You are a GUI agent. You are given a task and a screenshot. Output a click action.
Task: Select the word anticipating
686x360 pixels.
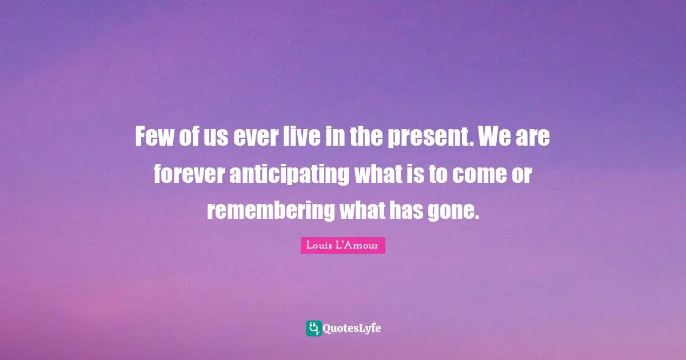[289, 174]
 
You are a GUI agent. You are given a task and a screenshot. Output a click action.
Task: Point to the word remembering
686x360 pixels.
[270, 211]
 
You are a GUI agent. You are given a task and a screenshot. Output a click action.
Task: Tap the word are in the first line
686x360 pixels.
[534, 138]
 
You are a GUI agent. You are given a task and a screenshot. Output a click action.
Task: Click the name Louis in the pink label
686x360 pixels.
[318, 246]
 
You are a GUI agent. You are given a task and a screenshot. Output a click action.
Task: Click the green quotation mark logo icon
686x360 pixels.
[313, 328]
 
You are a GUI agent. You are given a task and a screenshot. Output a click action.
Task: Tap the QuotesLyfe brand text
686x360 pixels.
[352, 329]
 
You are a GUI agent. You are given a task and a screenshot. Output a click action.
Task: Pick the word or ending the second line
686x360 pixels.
[523, 174]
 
